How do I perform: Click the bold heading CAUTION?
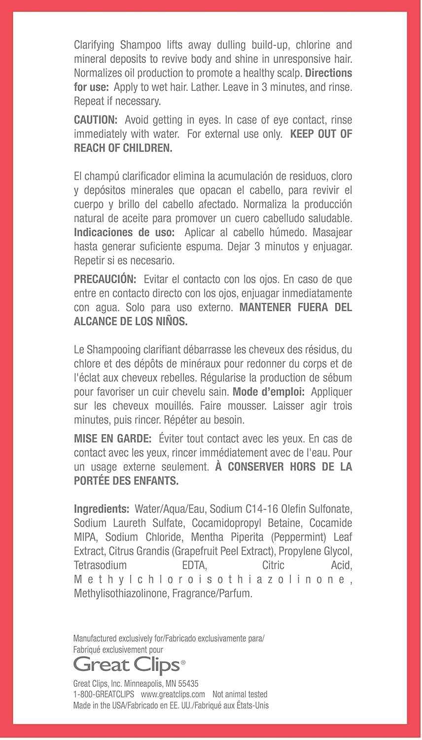(x=96, y=120)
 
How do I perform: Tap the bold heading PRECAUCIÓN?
(x=105, y=279)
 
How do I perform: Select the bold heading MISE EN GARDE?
(x=113, y=438)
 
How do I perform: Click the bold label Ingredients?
(x=101, y=509)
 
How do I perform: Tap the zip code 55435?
(x=187, y=684)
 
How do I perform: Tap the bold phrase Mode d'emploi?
(x=269, y=392)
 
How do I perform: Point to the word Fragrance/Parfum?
(x=212, y=593)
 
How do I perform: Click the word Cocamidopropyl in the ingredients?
(x=223, y=523)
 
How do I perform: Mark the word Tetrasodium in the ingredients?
(x=100, y=565)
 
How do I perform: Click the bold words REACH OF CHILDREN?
(x=123, y=148)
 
